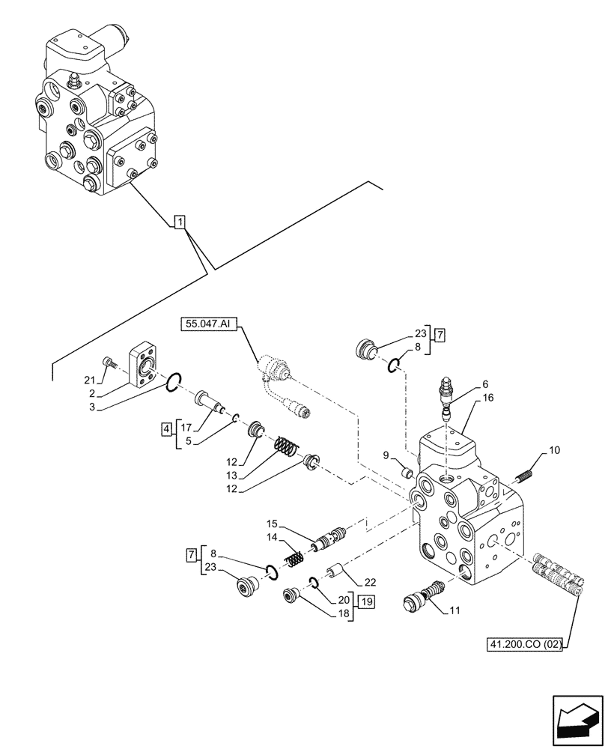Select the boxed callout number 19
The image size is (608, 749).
[365, 601]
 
